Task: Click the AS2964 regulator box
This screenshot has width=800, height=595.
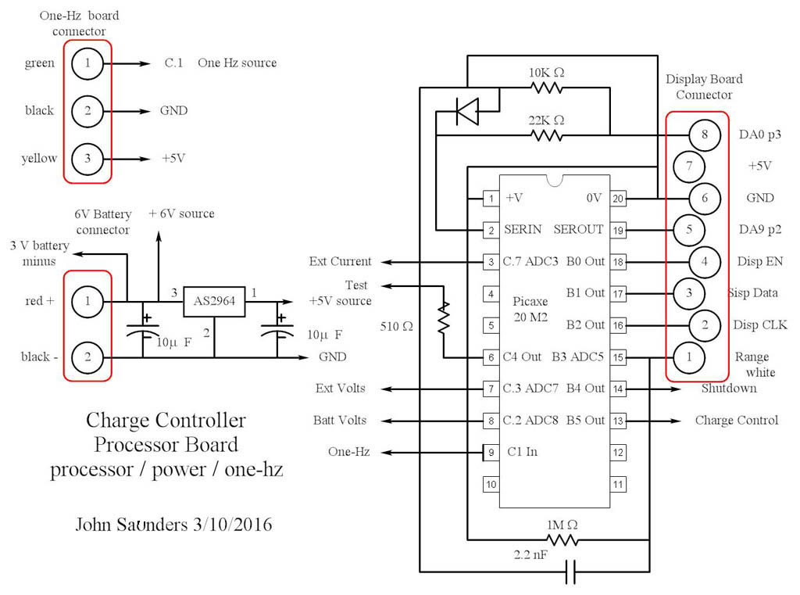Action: point(213,300)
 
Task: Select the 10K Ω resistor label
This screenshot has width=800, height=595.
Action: point(546,72)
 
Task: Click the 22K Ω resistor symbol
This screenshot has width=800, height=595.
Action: point(547,135)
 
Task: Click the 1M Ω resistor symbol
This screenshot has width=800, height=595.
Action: point(562,539)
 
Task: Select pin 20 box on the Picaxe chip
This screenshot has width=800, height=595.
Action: point(618,199)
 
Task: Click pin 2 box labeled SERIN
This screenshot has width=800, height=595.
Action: point(490,231)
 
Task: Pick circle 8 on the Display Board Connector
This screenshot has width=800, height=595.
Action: point(704,135)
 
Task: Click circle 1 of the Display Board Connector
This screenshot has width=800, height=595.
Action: point(689,357)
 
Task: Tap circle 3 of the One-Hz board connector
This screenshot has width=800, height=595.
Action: point(87,159)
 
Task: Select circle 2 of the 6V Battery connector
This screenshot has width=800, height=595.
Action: point(87,358)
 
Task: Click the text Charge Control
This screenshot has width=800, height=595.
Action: point(736,421)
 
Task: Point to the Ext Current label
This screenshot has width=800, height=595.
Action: point(340,262)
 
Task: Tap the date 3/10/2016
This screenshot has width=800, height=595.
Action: point(226,525)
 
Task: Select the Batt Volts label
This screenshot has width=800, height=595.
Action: point(339,421)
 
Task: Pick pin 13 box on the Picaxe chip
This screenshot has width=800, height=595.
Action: point(618,421)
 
